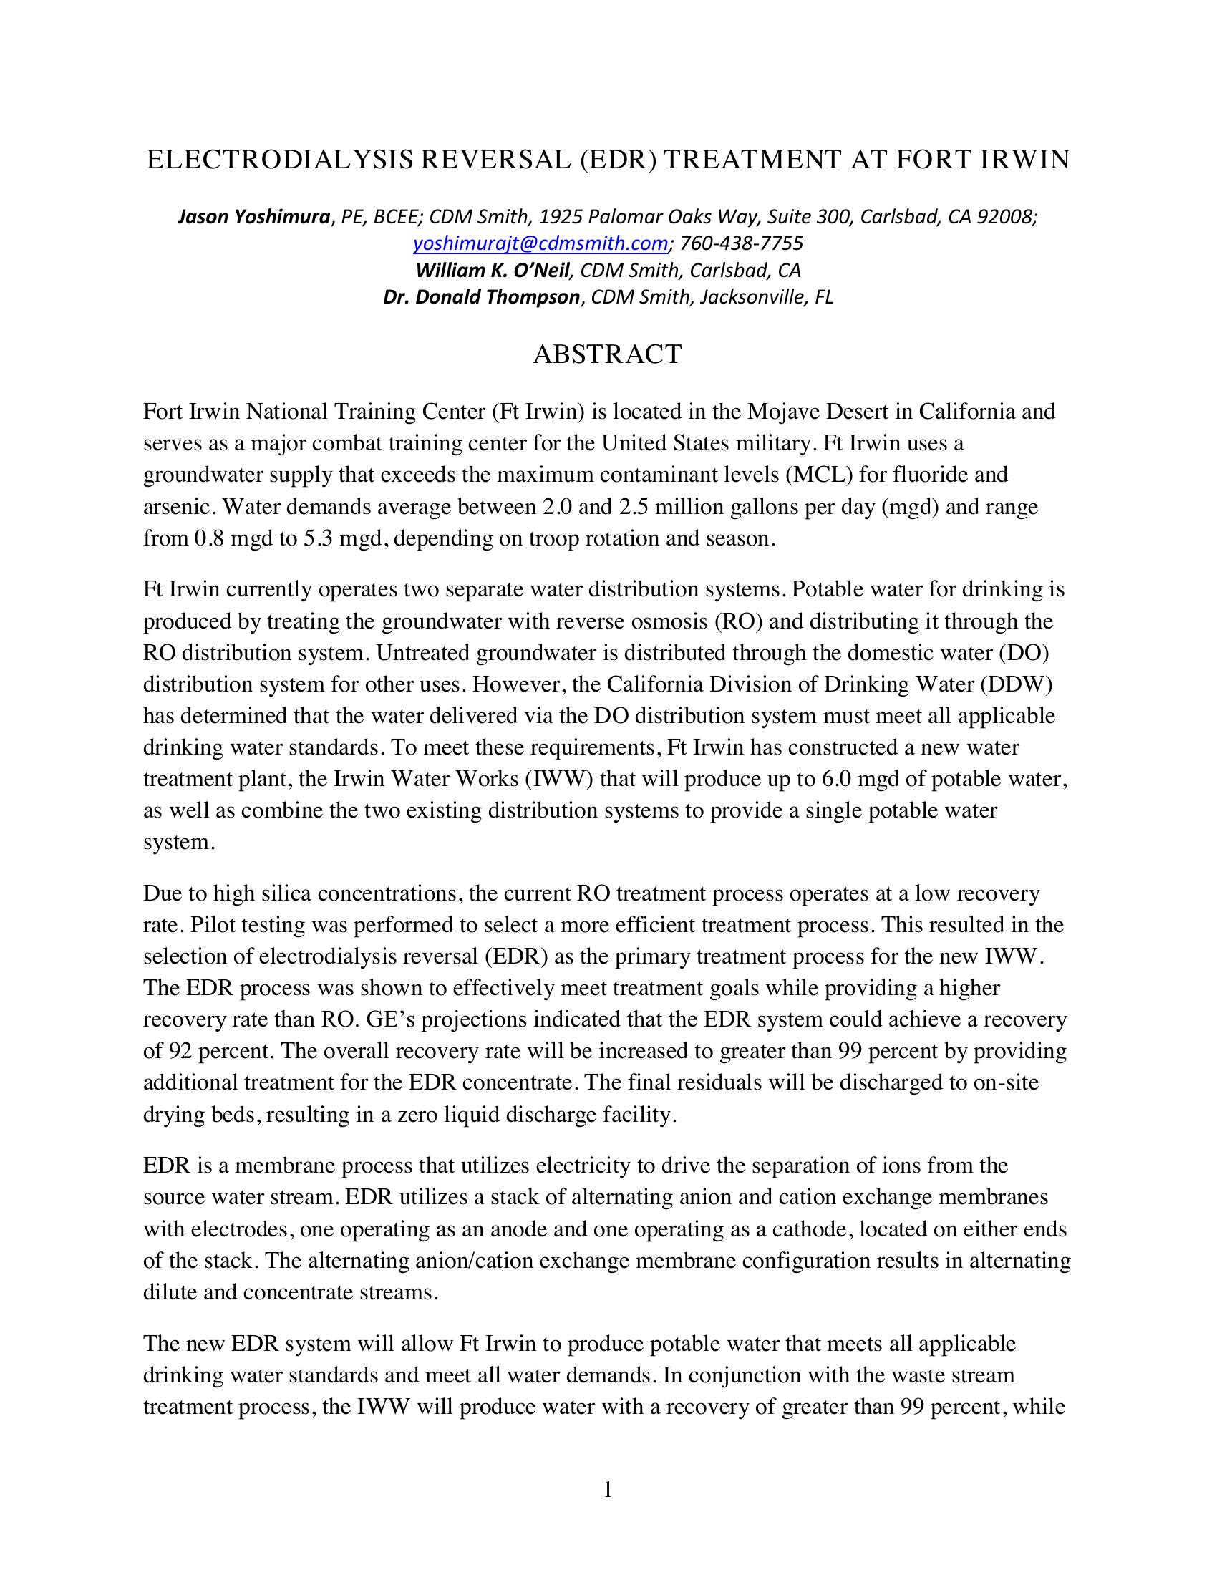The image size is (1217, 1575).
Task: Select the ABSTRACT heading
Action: pos(607,354)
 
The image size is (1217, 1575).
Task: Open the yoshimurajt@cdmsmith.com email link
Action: pos(540,243)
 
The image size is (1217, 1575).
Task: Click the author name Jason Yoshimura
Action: pos(254,216)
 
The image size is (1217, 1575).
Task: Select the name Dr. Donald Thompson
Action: pos(481,297)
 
